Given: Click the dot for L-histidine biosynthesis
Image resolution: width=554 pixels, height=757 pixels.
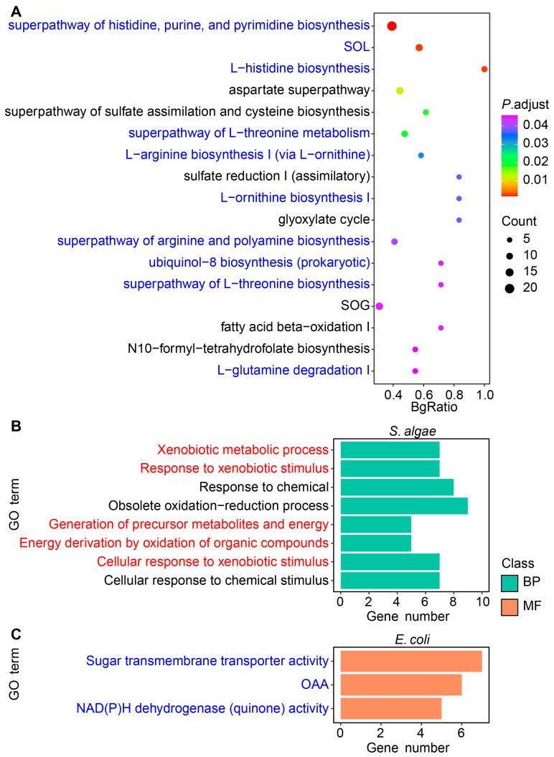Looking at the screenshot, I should pyautogui.click(x=484, y=69).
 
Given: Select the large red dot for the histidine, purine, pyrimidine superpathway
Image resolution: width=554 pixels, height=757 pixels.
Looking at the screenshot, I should pyautogui.click(x=392, y=26).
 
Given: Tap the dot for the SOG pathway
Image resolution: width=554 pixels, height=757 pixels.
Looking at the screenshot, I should pyautogui.click(x=380, y=306).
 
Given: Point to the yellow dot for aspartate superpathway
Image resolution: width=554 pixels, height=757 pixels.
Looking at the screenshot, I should pyautogui.click(x=400, y=90).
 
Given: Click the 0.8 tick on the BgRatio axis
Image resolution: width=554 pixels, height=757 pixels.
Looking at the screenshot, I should pyautogui.click(x=454, y=394).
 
